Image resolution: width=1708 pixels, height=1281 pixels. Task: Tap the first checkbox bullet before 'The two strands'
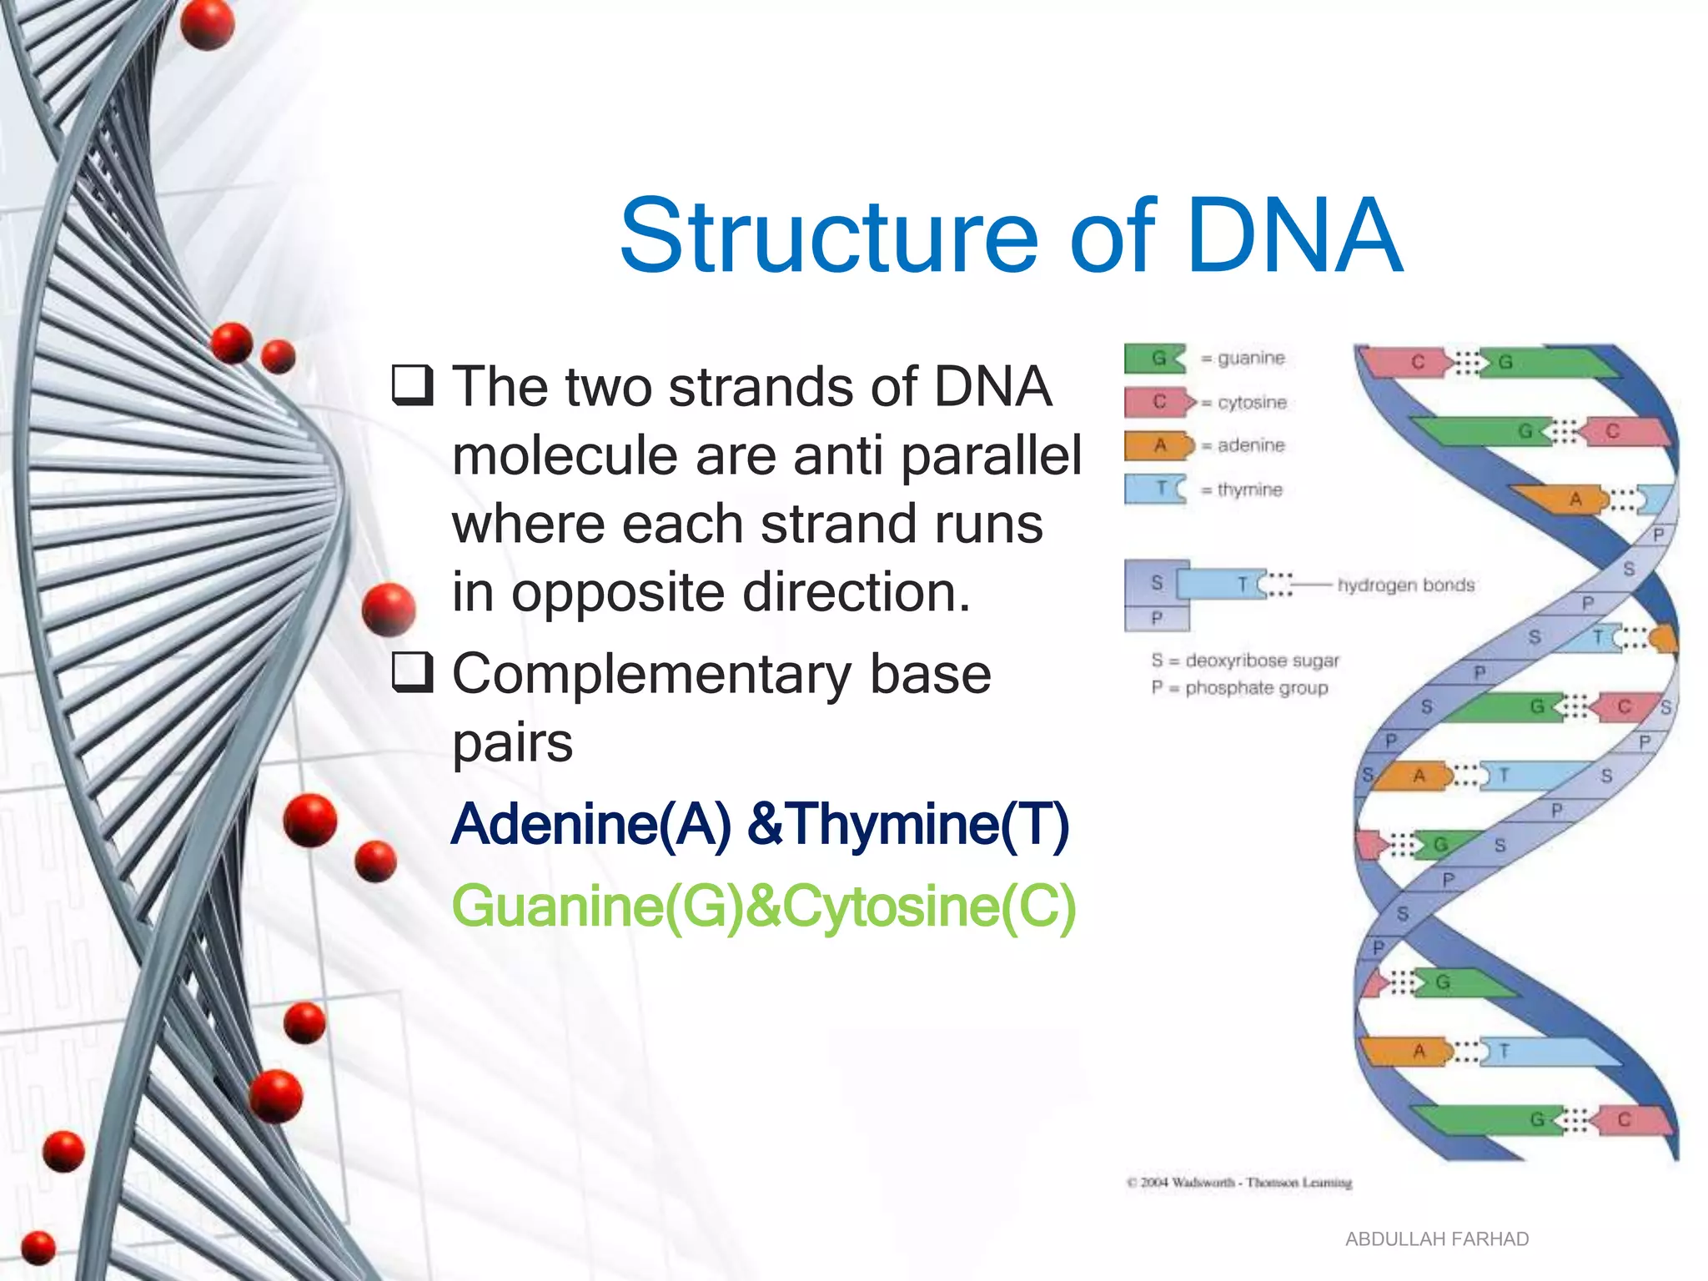(413, 384)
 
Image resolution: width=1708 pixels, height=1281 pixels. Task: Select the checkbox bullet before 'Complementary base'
(413, 672)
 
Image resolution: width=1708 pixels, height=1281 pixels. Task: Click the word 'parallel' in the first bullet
(991, 456)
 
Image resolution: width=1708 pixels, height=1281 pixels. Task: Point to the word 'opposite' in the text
(618, 593)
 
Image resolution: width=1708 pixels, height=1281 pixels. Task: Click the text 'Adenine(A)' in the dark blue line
(590, 824)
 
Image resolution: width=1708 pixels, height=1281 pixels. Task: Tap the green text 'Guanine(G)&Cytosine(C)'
(763, 907)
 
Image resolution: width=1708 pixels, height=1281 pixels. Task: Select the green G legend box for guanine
(1155, 359)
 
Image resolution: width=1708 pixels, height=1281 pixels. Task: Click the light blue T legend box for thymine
(1156, 489)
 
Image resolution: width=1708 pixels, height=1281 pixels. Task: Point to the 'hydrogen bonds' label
(1406, 585)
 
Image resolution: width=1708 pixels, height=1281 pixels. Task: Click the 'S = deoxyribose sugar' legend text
(1244, 661)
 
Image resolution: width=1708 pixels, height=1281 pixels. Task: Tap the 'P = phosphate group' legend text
(1239, 688)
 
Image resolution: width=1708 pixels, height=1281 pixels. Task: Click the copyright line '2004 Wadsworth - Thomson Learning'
(1239, 1183)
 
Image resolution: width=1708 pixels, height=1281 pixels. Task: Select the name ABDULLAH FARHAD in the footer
(1436, 1239)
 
